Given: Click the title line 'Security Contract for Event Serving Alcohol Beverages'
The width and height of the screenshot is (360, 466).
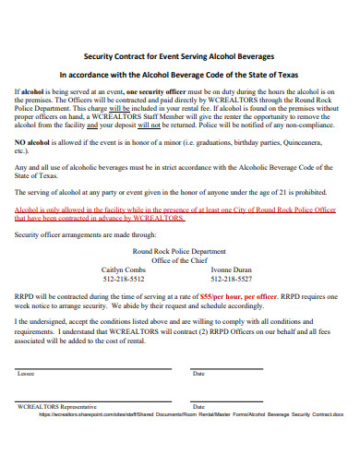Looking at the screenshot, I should [x=179, y=54].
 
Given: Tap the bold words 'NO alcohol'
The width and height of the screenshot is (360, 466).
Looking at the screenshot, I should [x=32, y=144].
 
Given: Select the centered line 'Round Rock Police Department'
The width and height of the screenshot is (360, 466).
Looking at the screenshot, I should [x=179, y=251].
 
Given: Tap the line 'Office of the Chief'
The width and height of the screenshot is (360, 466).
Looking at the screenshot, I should [x=179, y=260].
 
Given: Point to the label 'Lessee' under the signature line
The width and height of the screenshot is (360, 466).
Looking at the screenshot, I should [x=26, y=374].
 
